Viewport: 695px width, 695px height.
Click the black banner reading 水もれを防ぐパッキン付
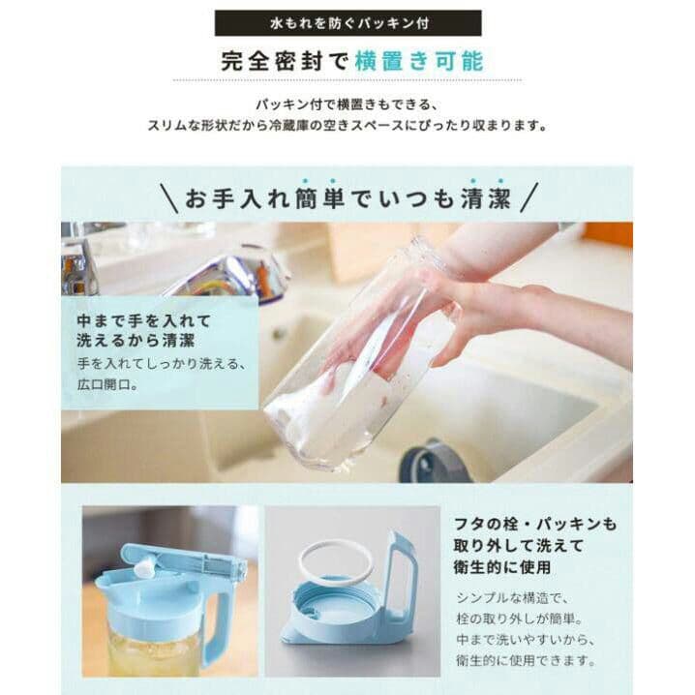(347, 22)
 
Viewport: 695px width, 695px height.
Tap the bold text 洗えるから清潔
(135, 341)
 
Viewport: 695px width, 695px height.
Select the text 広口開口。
(107, 384)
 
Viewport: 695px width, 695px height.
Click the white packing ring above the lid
(335, 562)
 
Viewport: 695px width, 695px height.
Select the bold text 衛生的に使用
(501, 566)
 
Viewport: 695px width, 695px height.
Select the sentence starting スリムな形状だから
(347, 125)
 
